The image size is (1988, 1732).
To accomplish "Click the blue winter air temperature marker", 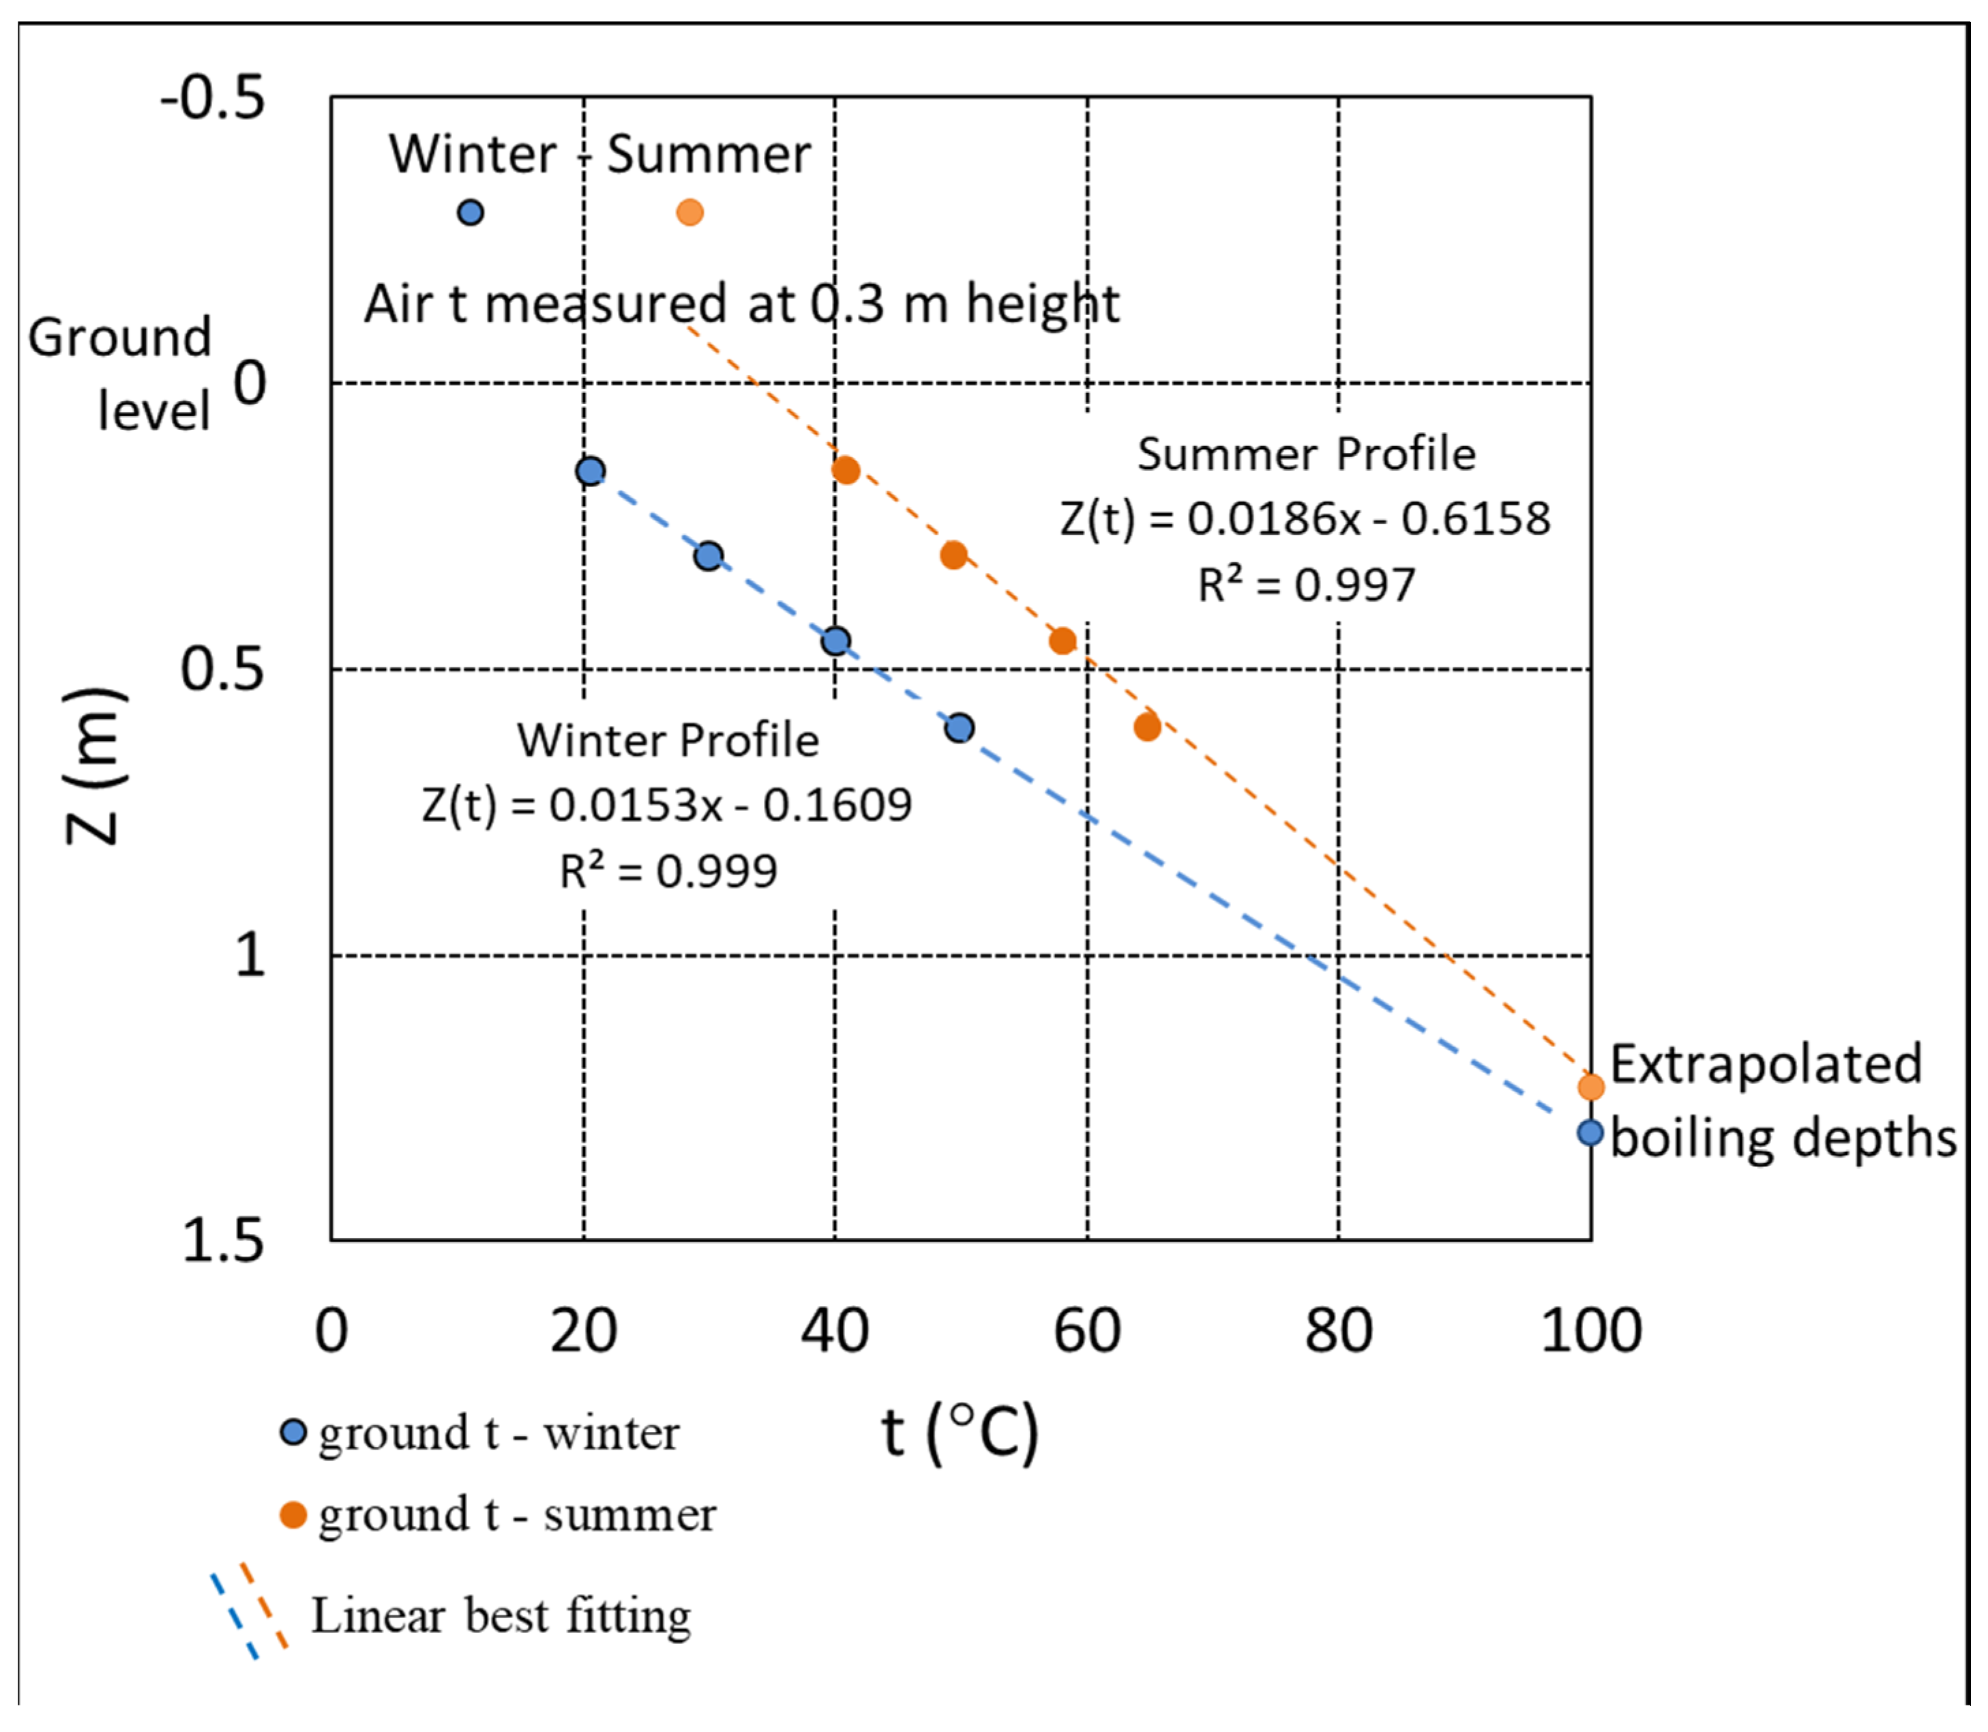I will pos(470,213).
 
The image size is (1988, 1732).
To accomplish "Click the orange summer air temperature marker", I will pos(689,213).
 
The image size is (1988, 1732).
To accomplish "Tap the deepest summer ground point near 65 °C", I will pos(1147,726).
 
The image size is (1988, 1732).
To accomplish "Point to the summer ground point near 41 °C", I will pos(846,471).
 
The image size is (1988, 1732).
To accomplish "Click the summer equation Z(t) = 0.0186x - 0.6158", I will pos(1305,519).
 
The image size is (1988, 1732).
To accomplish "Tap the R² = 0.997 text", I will pos(1307,585).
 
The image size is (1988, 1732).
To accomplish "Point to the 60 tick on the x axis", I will pos(1086,1331).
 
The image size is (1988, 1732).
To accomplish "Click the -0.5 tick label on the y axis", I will pos(213,99).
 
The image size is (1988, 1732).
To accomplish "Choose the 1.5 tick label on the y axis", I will pos(222,1240).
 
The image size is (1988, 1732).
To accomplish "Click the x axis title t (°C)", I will pos(960,1433).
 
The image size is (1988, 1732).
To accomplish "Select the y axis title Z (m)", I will pos(93,765).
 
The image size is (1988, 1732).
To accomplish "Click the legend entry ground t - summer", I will pos(517,1514).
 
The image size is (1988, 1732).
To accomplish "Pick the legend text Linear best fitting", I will pos(501,1616).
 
